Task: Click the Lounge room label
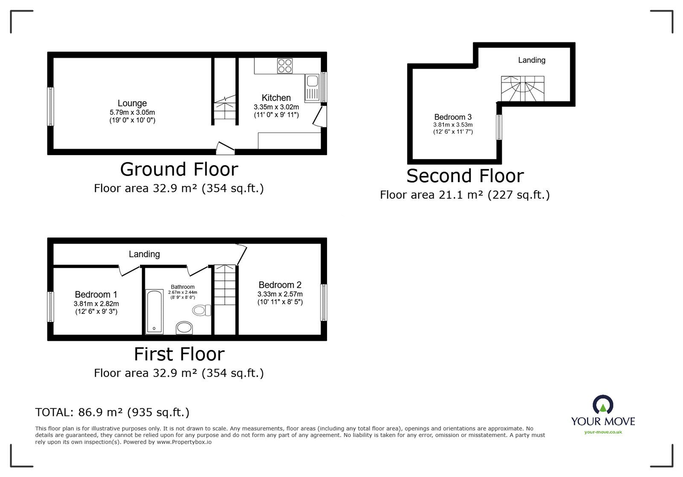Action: [132, 103]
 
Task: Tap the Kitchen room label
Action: [276, 98]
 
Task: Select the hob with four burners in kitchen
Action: [285, 66]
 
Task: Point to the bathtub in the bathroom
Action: [154, 312]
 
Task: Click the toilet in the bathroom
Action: [201, 310]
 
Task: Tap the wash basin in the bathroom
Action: [184, 328]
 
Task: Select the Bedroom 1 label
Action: [96, 295]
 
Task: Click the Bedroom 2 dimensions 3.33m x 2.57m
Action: [280, 294]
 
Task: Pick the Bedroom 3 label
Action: [452, 117]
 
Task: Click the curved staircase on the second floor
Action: [522, 89]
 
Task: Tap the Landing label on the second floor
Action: [531, 60]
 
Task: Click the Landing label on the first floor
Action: [144, 254]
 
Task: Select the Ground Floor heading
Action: [179, 169]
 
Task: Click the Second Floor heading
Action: [465, 176]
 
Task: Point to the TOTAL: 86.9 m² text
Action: [112, 412]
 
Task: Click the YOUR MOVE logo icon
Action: [603, 405]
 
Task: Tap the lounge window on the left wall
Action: [51, 106]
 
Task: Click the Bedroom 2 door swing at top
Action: [242, 254]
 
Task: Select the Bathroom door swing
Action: [196, 270]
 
